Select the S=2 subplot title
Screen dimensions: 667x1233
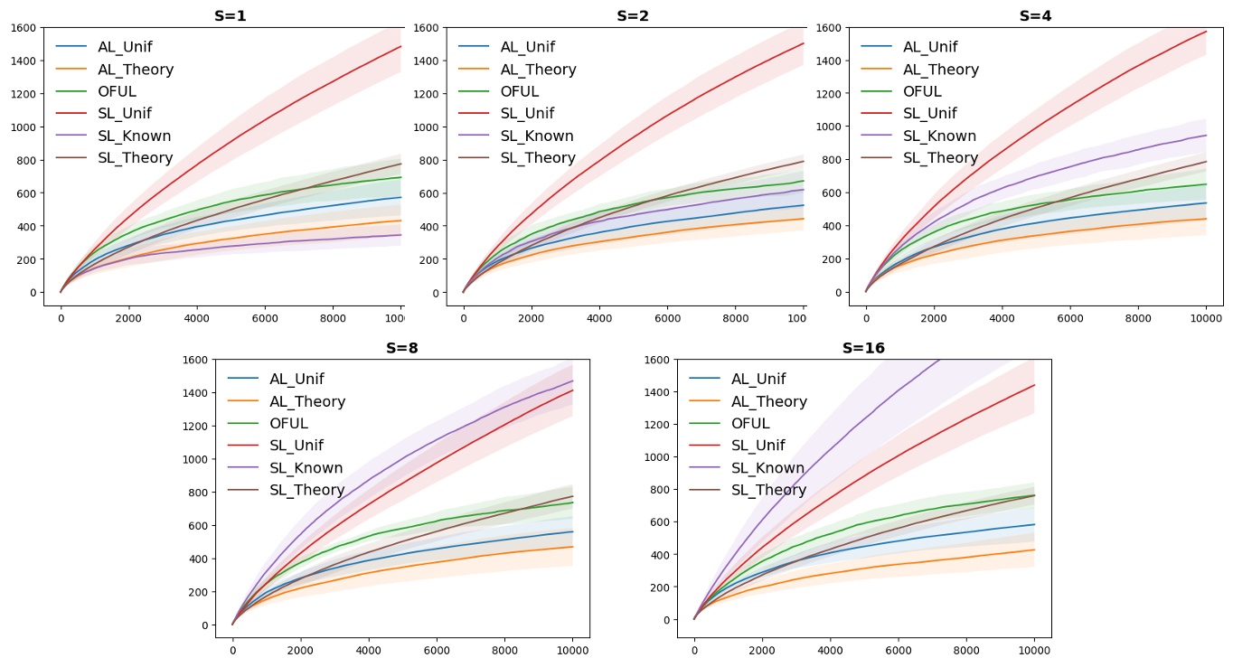point(633,15)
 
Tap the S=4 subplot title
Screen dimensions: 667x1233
point(1035,15)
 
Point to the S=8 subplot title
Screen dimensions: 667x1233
point(402,348)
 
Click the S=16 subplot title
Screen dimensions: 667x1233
point(863,348)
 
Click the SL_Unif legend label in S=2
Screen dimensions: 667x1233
point(527,114)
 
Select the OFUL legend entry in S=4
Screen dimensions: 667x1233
point(922,91)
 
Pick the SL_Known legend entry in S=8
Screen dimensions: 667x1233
point(306,468)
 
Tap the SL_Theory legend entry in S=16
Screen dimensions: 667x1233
point(768,490)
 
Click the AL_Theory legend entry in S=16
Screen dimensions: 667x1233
point(768,401)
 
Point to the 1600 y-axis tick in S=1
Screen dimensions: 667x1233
point(24,28)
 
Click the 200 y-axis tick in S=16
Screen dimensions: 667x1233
point(660,587)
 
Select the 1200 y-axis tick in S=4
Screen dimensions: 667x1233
point(829,94)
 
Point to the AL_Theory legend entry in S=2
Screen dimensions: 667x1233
point(537,70)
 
